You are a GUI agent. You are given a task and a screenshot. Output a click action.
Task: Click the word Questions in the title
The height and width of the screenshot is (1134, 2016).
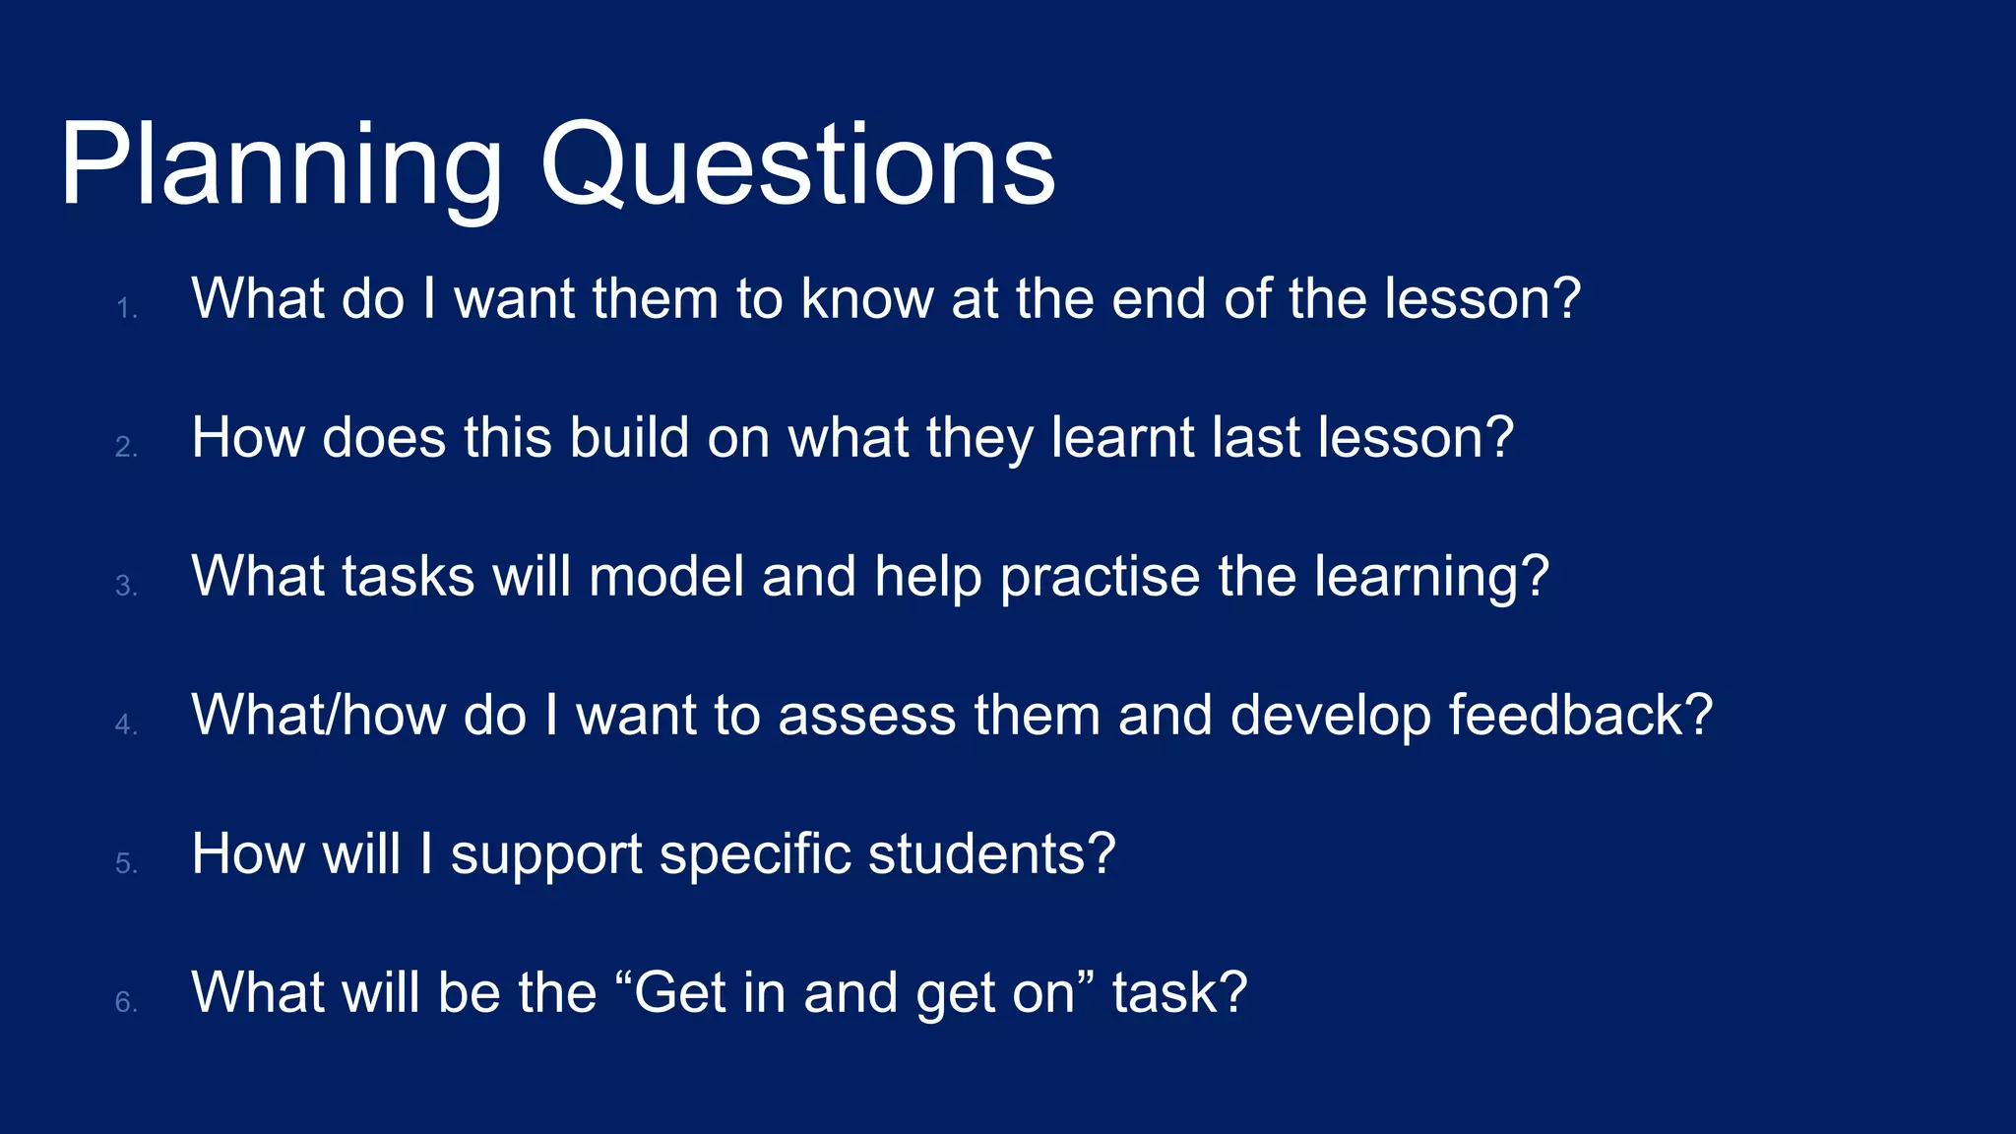click(x=797, y=165)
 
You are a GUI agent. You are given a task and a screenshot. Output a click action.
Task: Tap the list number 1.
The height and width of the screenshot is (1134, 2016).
click(x=126, y=309)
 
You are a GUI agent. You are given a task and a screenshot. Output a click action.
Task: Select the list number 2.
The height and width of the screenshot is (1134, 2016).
click(x=126, y=448)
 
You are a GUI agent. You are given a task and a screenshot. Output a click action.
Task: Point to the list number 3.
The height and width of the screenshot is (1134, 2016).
click(x=126, y=587)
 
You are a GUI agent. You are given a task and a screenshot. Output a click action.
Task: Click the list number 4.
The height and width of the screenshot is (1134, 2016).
click(x=126, y=725)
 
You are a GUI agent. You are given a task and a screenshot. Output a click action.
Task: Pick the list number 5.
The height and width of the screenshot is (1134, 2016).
click(x=126, y=864)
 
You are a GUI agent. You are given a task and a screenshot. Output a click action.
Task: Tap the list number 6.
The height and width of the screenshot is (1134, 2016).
click(x=126, y=1003)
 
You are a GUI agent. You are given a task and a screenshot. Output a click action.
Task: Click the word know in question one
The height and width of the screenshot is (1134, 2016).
click(x=866, y=298)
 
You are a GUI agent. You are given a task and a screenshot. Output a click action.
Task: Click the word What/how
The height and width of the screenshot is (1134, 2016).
click(x=318, y=715)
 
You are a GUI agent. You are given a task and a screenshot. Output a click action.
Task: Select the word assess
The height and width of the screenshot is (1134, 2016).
click(x=866, y=717)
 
